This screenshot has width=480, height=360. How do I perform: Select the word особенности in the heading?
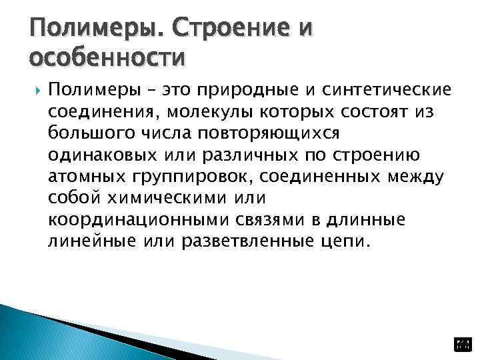point(107,59)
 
